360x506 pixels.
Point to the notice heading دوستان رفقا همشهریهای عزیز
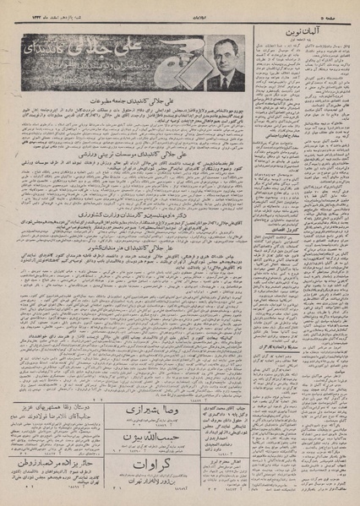(x=55, y=404)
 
